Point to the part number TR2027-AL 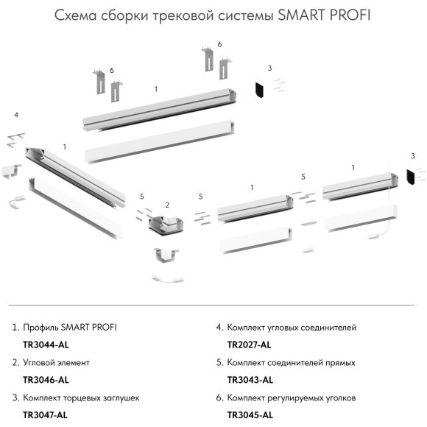point(249,344)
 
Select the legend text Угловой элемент point(57,362)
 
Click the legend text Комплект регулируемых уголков point(292,398)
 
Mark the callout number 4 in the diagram point(16,115)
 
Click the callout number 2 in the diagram point(167,204)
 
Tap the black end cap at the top point(260,90)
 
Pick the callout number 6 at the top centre point(219,45)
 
